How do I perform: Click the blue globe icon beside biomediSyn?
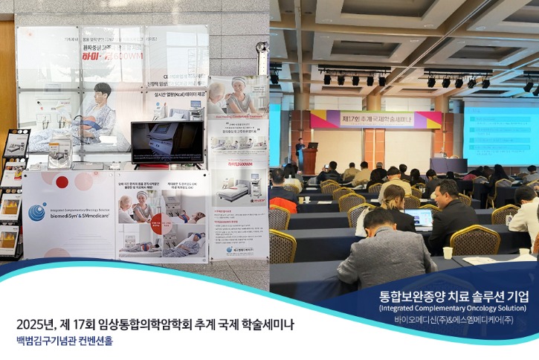(x=37, y=213)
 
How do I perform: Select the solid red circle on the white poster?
(x=62, y=181)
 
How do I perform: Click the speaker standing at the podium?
(x=300, y=152)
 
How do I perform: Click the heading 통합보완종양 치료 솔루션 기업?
(x=454, y=296)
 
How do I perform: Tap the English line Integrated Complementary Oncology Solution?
(x=454, y=308)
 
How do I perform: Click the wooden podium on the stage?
(x=309, y=160)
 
